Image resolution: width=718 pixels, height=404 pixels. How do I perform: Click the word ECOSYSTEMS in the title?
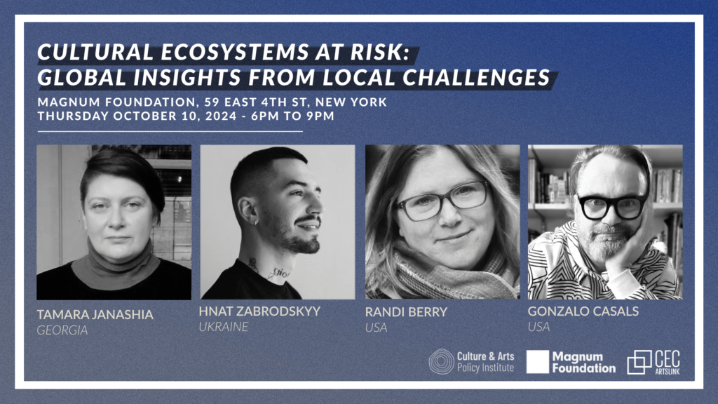(x=234, y=52)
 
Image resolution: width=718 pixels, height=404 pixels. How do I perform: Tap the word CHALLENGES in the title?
(x=476, y=77)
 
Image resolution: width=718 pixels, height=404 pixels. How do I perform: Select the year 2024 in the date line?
(x=221, y=116)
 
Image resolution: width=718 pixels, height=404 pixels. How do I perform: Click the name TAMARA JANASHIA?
(x=95, y=315)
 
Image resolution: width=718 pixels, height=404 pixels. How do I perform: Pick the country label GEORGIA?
(x=62, y=330)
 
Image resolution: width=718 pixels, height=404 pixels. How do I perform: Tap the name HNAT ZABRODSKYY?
(x=259, y=311)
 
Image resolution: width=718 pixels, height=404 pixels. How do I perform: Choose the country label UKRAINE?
(x=224, y=327)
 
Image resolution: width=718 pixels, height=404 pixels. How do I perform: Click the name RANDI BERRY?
(x=406, y=312)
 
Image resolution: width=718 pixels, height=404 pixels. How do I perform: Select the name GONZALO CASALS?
(x=583, y=311)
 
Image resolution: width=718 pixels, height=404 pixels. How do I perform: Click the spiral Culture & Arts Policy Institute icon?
(x=442, y=361)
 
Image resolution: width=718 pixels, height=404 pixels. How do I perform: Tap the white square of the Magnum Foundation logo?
(x=538, y=362)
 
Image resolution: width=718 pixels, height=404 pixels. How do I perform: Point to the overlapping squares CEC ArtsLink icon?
(x=639, y=363)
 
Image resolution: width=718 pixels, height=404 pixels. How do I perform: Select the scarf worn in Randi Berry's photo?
(x=451, y=275)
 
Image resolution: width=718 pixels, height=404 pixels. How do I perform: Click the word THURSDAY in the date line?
(x=73, y=116)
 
